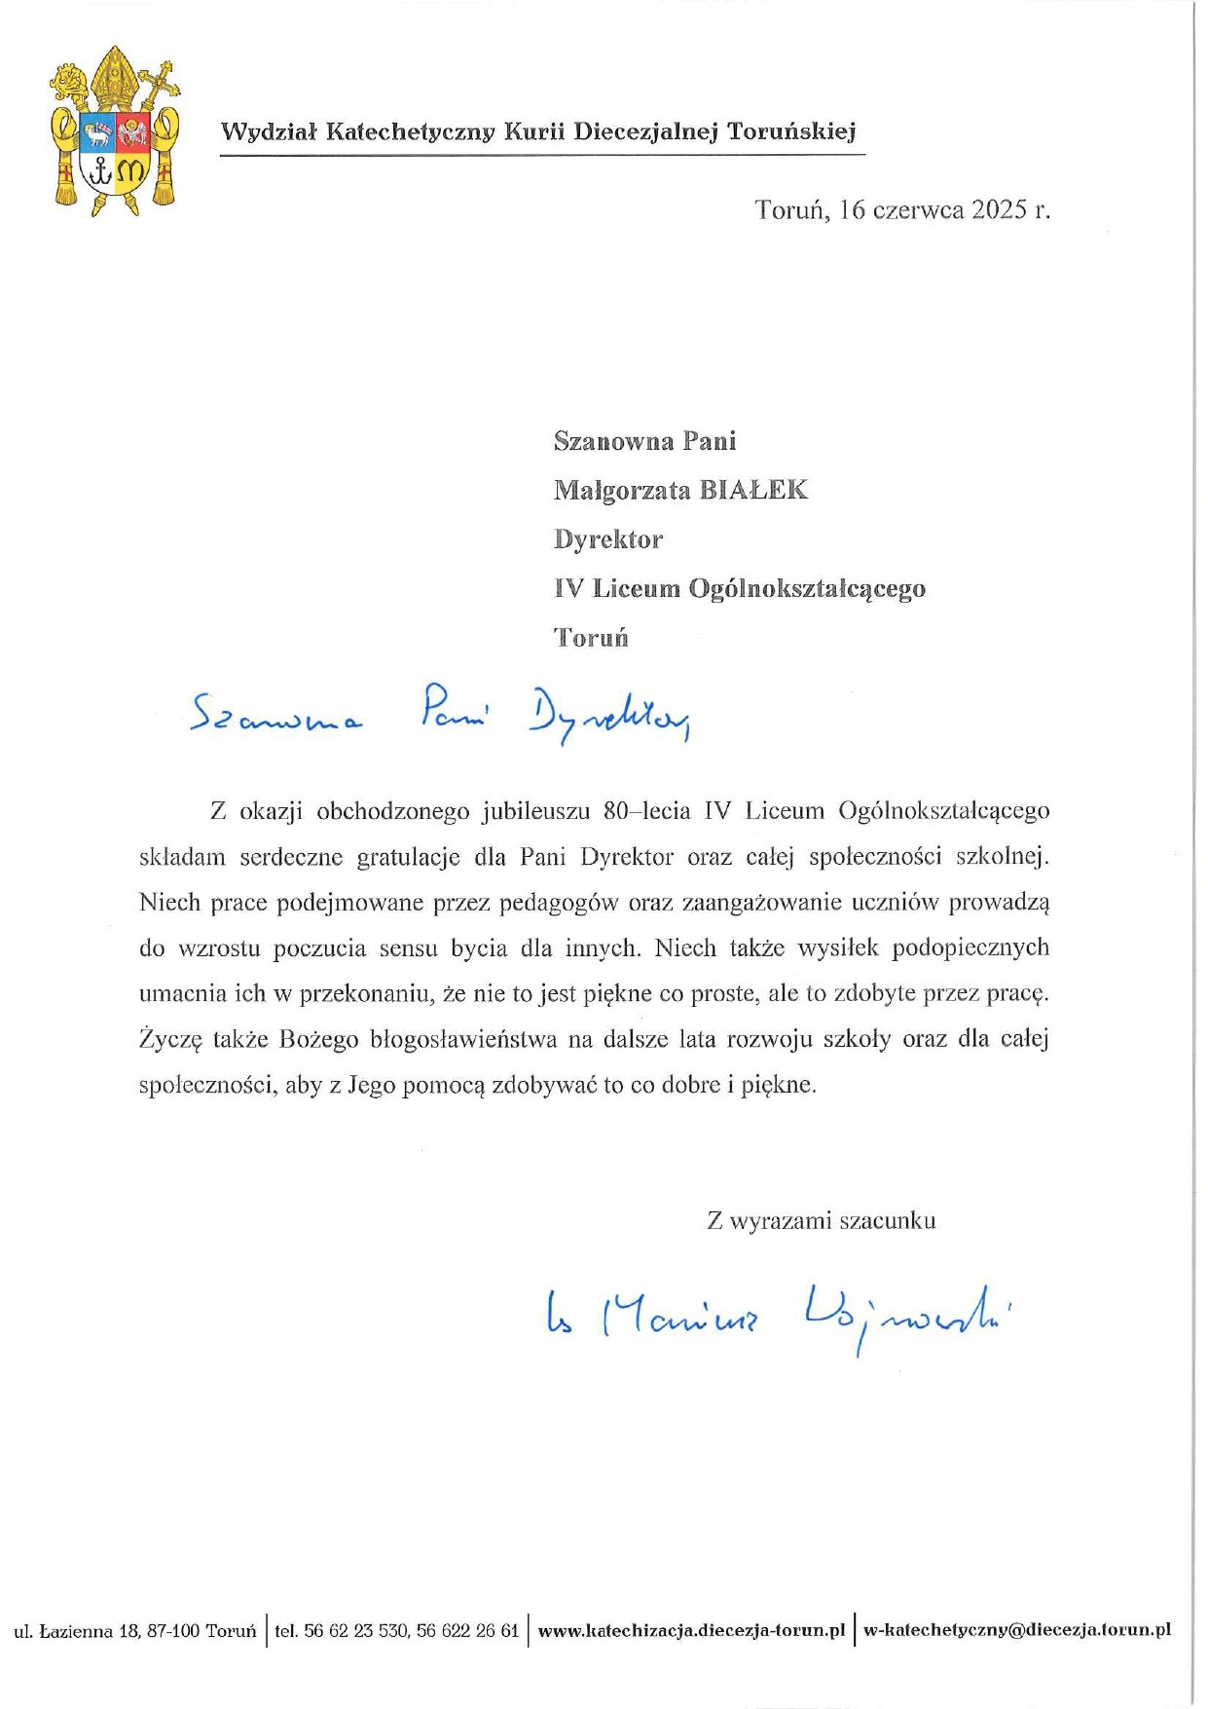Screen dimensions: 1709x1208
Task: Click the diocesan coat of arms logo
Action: point(115,130)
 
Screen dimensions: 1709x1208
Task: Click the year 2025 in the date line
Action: point(999,209)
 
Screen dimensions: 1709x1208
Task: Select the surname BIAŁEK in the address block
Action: point(754,490)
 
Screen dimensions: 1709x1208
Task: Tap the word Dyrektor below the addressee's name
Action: point(607,539)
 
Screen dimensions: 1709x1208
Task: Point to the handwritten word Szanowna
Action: point(275,718)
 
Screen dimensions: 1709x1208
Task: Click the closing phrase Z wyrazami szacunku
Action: point(821,1220)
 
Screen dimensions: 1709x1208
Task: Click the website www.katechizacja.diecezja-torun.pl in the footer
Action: point(690,1630)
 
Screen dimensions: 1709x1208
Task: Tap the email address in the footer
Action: point(1016,1630)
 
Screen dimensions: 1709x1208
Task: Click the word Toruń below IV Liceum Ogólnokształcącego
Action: point(591,638)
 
